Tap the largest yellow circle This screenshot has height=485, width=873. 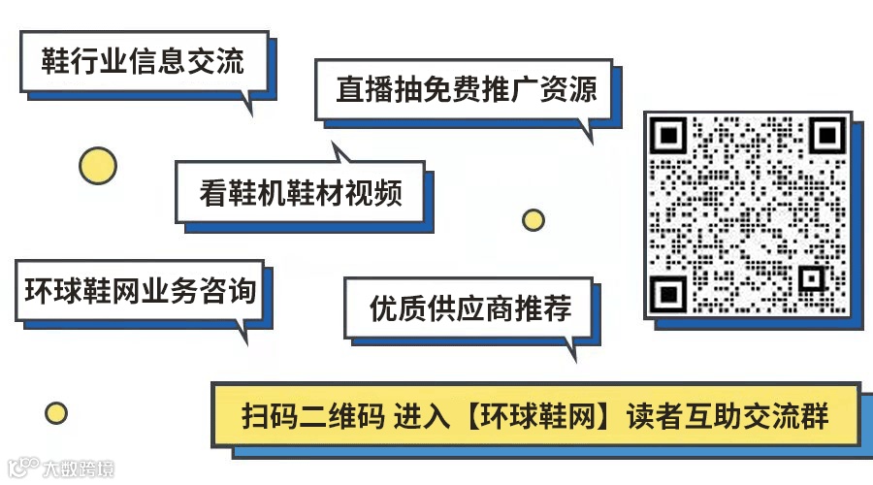(97, 166)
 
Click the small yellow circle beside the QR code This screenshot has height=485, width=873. (533, 220)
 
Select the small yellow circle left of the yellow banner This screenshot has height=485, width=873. (56, 413)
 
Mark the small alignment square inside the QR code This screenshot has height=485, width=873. (811, 278)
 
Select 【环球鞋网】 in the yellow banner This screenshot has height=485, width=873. (541, 415)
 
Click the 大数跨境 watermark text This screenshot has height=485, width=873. (78, 469)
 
